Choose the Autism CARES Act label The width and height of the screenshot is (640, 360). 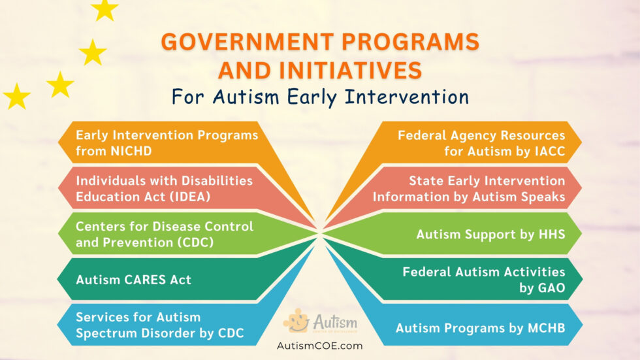[133, 280]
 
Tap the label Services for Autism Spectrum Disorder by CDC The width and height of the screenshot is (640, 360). [159, 325]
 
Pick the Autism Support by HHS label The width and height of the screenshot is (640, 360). [490, 233]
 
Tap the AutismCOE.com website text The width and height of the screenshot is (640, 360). [320, 346]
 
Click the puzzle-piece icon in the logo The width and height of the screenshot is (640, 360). [296, 321]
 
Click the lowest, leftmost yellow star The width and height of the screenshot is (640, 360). [17, 97]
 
